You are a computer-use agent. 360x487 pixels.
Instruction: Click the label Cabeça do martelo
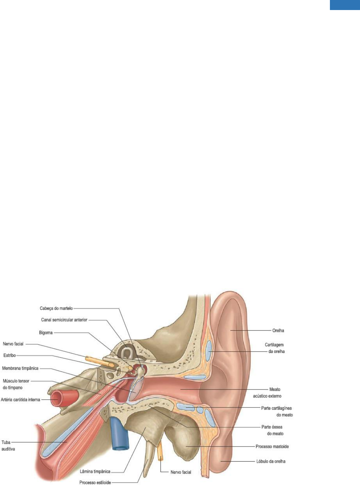(x=56, y=308)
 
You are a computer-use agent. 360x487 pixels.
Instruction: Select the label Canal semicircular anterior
(x=64, y=320)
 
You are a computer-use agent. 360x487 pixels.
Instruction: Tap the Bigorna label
(x=46, y=333)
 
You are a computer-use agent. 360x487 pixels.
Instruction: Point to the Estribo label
(x=10, y=355)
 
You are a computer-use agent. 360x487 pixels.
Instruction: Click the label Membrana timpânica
(x=20, y=368)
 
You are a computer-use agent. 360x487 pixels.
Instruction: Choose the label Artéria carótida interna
(x=20, y=399)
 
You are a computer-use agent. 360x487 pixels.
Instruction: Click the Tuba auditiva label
(x=8, y=445)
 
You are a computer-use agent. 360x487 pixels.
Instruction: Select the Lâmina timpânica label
(x=95, y=472)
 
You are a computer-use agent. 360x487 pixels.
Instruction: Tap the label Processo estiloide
(x=95, y=482)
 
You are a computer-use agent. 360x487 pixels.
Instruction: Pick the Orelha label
(x=278, y=330)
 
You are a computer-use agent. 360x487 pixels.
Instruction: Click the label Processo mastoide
(x=272, y=447)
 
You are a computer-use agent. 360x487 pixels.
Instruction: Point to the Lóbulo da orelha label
(x=273, y=461)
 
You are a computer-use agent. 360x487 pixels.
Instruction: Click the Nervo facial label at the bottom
(x=181, y=472)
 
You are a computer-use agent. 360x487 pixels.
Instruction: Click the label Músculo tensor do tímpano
(x=16, y=384)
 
